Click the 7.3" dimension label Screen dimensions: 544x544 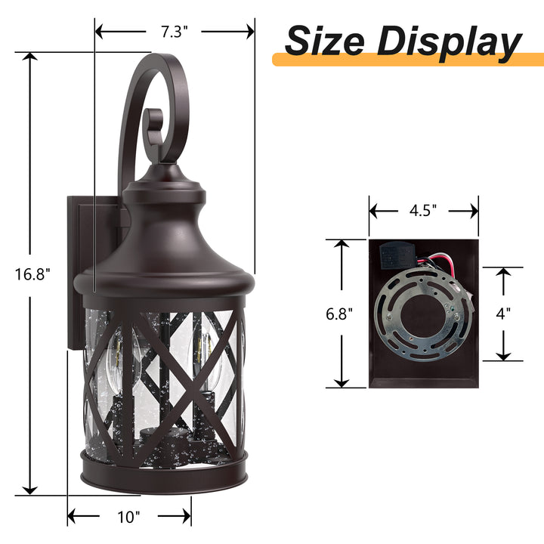click(x=175, y=31)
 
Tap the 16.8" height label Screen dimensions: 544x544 click(x=31, y=274)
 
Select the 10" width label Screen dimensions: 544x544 click(x=129, y=518)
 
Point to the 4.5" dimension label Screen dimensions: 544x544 click(x=423, y=212)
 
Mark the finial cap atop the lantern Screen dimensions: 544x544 click(x=165, y=175)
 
